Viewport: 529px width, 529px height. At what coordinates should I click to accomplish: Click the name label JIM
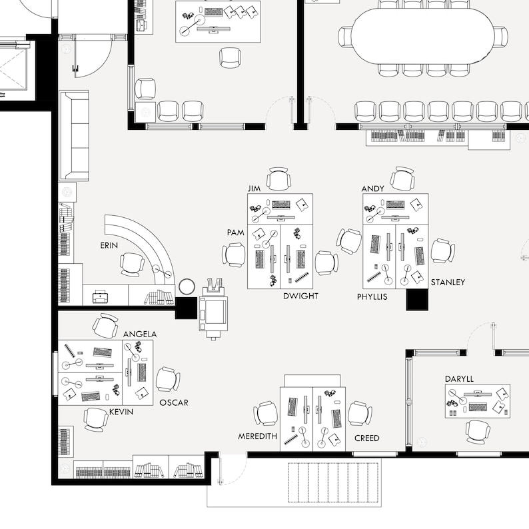(253, 189)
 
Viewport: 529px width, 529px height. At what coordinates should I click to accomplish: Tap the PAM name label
(235, 233)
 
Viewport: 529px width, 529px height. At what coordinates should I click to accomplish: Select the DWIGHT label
(300, 296)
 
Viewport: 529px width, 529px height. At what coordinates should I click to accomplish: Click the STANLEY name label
(448, 282)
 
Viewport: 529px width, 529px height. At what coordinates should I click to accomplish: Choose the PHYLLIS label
(372, 296)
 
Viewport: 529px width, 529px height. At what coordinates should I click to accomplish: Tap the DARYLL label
(459, 379)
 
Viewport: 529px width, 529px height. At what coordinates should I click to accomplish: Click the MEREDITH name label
(257, 437)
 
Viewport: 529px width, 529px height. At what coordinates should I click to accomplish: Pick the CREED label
(366, 438)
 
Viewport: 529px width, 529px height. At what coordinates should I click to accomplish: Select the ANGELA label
(140, 334)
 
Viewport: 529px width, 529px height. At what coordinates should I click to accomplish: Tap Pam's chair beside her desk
(234, 255)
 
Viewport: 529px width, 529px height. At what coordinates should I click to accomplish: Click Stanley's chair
(442, 251)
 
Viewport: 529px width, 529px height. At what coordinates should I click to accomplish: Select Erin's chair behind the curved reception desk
(132, 264)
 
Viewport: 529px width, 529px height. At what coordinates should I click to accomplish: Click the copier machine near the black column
(214, 308)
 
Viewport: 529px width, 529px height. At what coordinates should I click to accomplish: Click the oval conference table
(423, 36)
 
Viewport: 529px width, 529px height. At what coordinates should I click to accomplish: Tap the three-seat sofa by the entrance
(74, 136)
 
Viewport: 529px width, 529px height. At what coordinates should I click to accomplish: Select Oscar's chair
(167, 379)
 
